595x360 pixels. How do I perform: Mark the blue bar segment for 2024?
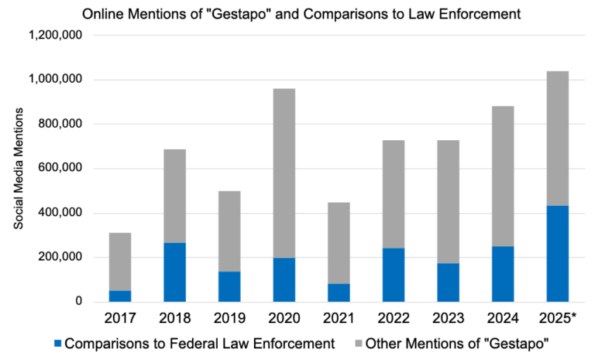[x=503, y=274]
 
